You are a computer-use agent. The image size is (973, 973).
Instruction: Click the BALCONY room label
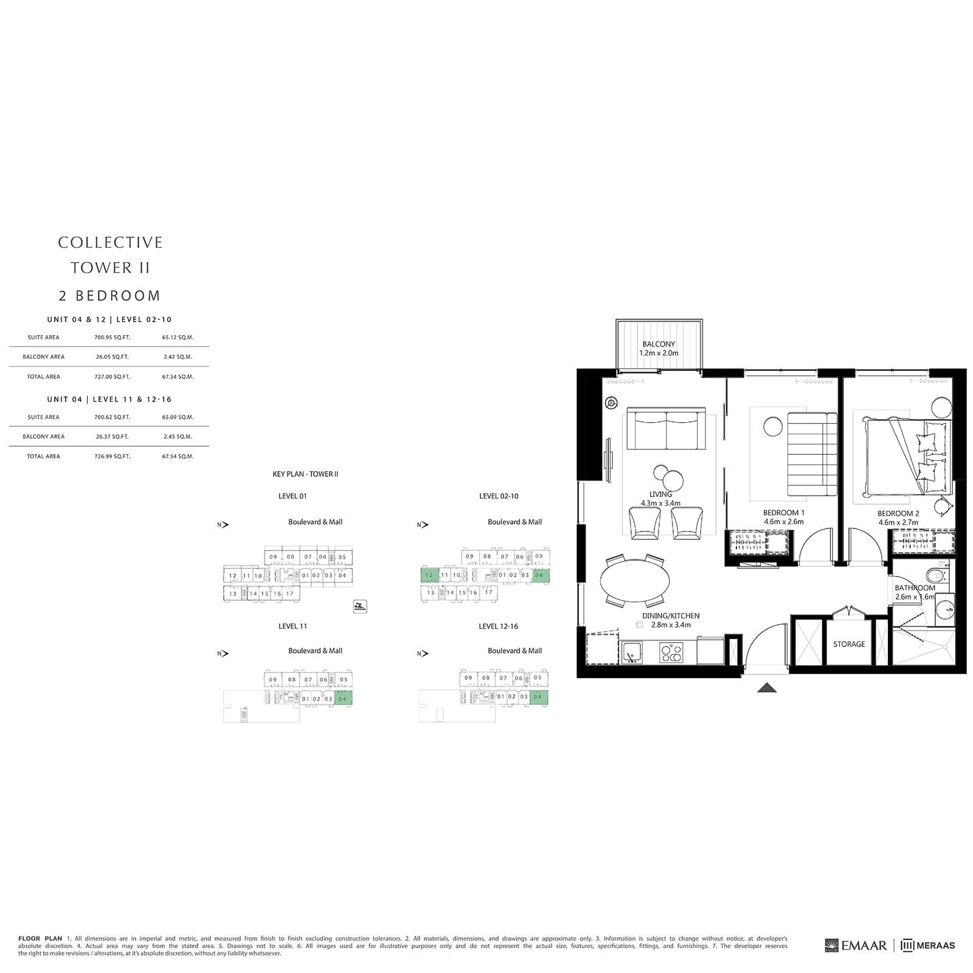(x=659, y=344)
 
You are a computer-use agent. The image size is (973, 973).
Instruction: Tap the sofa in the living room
(x=666, y=429)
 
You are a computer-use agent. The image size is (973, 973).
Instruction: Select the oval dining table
(x=635, y=581)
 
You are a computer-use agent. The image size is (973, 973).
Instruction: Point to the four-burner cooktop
(x=671, y=653)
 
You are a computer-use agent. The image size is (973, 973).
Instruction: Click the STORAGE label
(x=848, y=644)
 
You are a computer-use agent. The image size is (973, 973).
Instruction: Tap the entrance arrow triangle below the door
(x=767, y=688)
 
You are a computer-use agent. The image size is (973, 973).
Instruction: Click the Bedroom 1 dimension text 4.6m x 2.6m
(x=783, y=522)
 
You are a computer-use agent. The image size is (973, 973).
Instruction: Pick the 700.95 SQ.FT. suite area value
(x=112, y=338)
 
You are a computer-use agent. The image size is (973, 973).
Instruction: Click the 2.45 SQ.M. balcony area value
(x=178, y=437)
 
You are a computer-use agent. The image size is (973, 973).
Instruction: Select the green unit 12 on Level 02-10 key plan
(x=429, y=575)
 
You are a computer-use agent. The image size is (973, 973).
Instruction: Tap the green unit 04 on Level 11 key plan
(x=343, y=699)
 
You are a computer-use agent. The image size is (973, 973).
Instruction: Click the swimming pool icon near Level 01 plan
(x=360, y=606)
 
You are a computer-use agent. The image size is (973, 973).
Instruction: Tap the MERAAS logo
(x=928, y=945)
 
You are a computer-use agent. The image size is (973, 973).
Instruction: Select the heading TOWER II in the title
(x=110, y=268)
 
